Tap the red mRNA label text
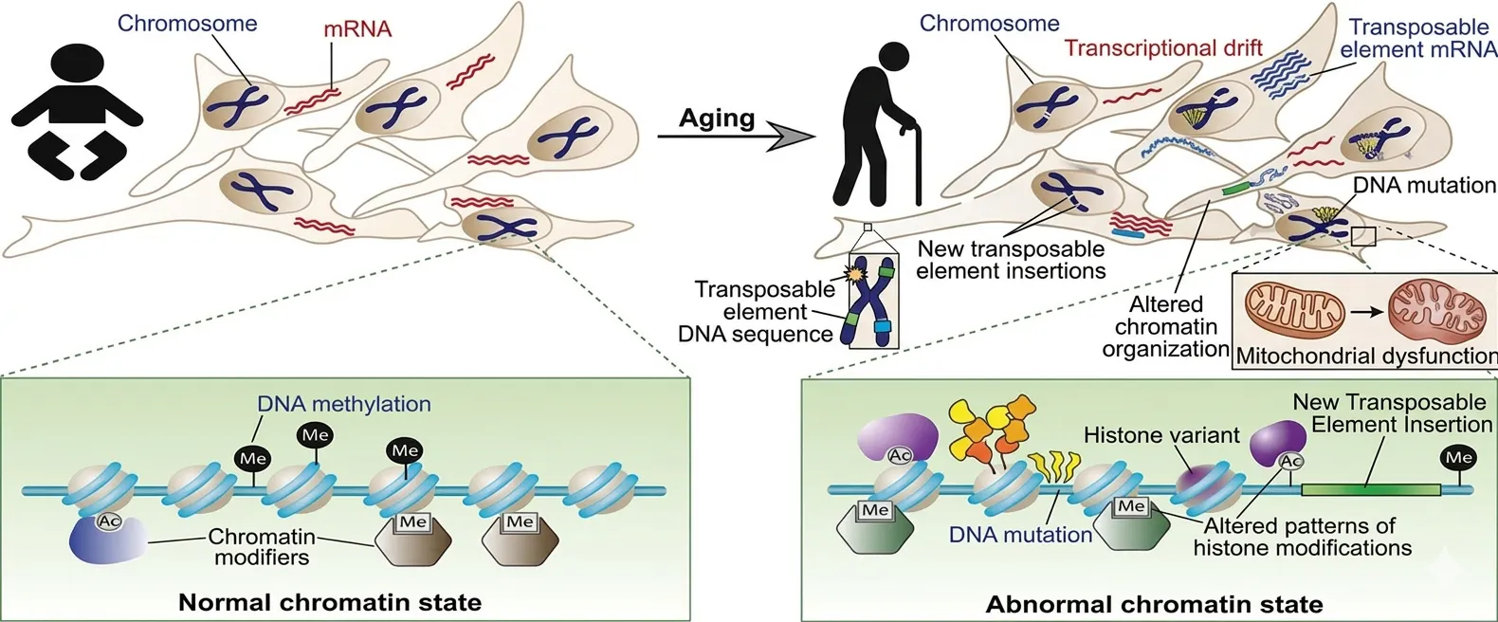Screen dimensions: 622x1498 tap(357, 28)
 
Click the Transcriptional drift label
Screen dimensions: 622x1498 tap(1163, 48)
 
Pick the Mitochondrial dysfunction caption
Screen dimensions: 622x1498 tap(1366, 357)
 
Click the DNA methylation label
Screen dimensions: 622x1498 tap(344, 404)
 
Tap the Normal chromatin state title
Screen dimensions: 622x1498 tap(330, 602)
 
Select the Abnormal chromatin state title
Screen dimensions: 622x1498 tap(1154, 604)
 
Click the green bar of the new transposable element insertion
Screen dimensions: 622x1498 tap(1370, 489)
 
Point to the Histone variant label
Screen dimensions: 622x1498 tap(1161, 435)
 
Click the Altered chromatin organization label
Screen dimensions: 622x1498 tap(1165, 327)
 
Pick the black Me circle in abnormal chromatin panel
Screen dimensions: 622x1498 tap(1458, 458)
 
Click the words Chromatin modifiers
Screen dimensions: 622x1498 tap(262, 547)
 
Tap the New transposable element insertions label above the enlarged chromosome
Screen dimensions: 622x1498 tap(1011, 260)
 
